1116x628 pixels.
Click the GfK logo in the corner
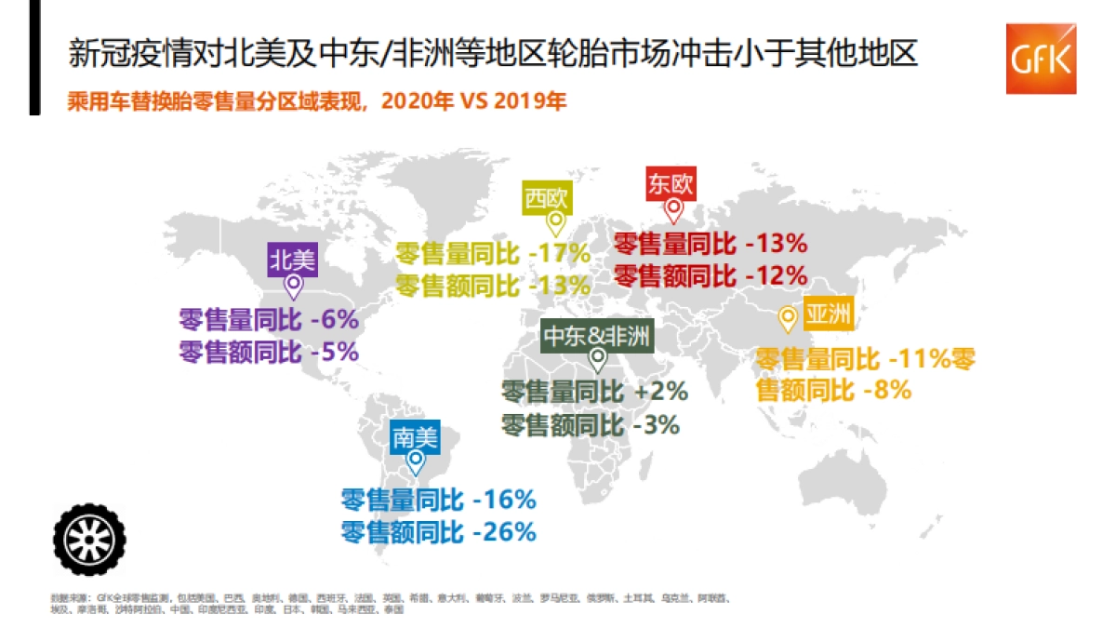tap(1041, 58)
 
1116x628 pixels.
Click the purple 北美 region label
tap(293, 259)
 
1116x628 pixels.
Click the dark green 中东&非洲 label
tap(597, 337)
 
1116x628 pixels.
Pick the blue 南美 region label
tap(414, 436)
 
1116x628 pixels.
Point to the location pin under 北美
tap(294, 286)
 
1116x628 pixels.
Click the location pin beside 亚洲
tap(788, 319)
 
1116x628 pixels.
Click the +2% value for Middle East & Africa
tap(661, 392)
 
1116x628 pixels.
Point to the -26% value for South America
tap(504, 532)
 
